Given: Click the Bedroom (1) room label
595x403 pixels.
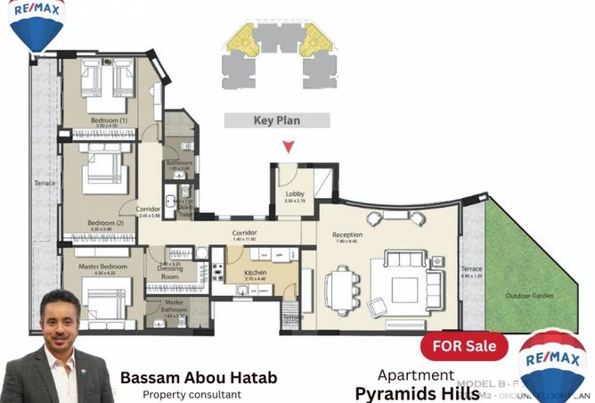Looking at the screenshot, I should point(109,120).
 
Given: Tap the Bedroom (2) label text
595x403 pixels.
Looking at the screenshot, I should point(105,223).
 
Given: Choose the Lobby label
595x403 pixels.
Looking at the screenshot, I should point(295,194).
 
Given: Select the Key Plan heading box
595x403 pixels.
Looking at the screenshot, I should point(276,120).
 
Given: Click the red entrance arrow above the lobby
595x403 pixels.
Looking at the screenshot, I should point(287,147).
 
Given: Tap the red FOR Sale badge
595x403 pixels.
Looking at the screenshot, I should point(463,345).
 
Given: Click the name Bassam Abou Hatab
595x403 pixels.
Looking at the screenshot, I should point(198,378).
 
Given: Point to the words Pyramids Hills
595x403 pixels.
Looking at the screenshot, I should point(417,393).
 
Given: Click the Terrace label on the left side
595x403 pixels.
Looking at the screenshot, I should point(45,183).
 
